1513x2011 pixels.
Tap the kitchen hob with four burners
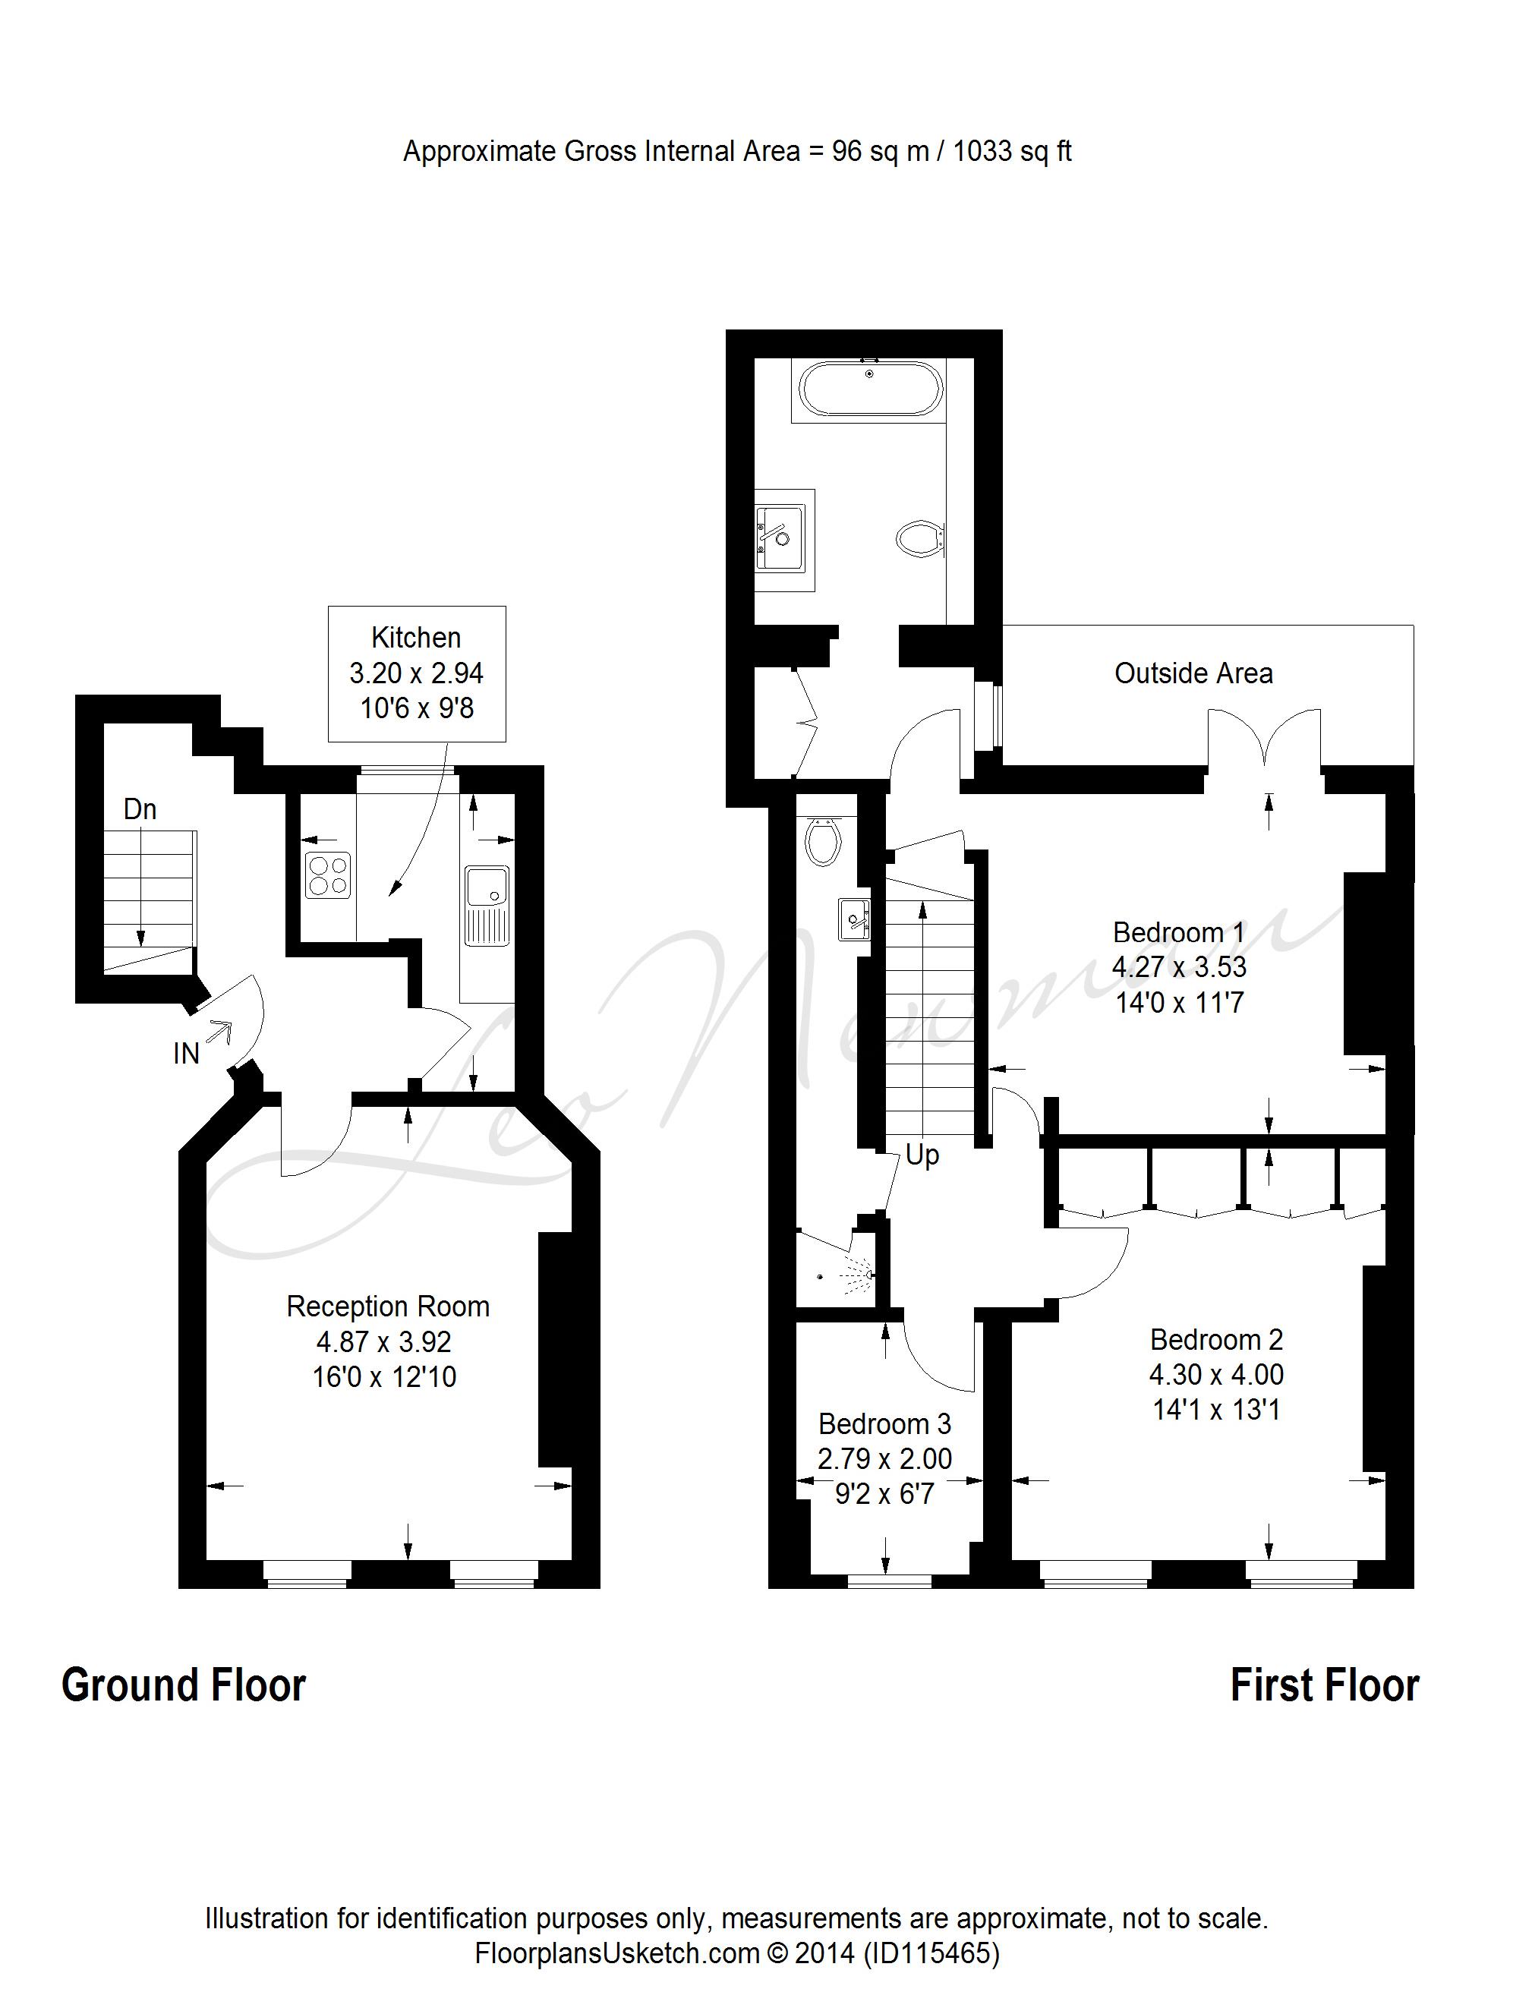326,875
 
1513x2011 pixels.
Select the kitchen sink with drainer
487,906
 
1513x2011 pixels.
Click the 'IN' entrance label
187,1054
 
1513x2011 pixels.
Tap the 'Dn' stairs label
140,809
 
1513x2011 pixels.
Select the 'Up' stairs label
921,1155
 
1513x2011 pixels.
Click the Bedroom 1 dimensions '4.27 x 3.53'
1178,967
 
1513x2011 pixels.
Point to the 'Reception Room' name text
388,1307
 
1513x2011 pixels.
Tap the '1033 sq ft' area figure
1012,151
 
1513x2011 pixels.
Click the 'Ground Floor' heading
184,1685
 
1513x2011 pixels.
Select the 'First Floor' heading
1324,1685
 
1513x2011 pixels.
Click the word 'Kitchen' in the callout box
417,637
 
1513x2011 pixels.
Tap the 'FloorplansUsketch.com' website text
616,1953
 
